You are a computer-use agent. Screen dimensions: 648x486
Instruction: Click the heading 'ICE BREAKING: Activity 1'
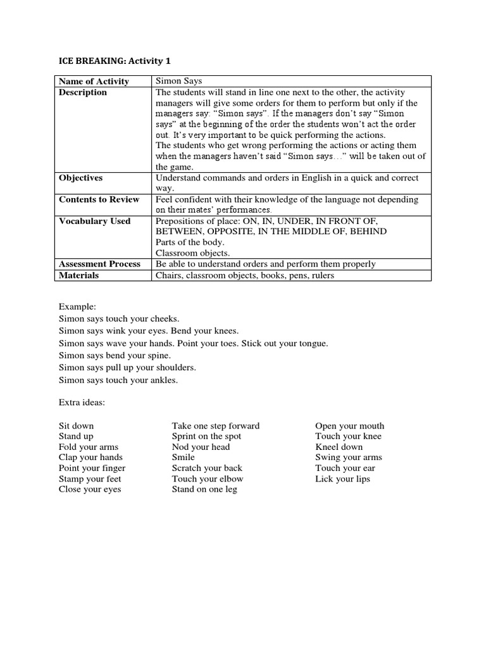tap(115, 61)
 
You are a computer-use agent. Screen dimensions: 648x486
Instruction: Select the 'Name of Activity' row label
tap(94, 81)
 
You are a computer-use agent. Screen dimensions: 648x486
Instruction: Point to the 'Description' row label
tap(83, 92)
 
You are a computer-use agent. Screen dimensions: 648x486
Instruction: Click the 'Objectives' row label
tap(80, 178)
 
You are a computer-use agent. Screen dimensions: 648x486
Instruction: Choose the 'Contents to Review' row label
tap(99, 199)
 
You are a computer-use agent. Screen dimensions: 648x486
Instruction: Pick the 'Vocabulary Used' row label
tap(94, 221)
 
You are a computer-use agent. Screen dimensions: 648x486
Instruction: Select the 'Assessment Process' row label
tap(99, 264)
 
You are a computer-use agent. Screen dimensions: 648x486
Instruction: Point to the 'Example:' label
tap(77, 306)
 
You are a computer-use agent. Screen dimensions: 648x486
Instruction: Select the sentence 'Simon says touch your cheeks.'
tap(119, 319)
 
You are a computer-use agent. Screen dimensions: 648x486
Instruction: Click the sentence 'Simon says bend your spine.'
tap(115, 356)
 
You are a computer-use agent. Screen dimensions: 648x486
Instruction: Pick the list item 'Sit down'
tap(76, 426)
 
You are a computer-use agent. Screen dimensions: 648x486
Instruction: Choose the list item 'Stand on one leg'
tap(204, 489)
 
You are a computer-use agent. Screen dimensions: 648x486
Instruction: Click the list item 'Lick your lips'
tap(342, 479)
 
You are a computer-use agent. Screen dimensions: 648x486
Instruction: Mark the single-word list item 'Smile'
tap(184, 457)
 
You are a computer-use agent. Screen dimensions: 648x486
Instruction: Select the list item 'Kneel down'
tap(339, 447)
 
